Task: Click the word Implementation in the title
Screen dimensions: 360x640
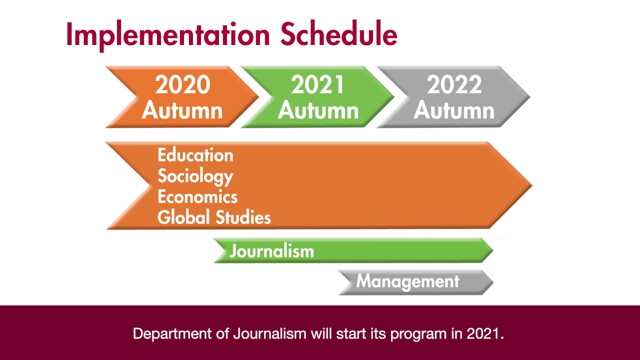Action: point(168,35)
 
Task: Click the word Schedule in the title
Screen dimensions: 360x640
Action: point(339,35)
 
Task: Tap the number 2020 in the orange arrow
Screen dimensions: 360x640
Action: point(182,85)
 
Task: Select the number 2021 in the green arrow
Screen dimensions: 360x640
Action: point(318,85)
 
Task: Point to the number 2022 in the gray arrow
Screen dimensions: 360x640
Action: point(454,85)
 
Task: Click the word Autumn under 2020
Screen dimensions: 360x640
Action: point(182,110)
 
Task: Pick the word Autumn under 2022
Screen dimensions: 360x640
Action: point(454,110)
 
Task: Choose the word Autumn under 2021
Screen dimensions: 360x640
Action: point(318,110)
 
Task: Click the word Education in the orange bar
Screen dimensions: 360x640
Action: point(195,155)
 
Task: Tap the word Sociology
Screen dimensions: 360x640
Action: point(195,176)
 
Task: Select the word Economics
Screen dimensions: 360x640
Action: point(197,196)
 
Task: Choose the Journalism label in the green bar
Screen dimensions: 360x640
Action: point(271,250)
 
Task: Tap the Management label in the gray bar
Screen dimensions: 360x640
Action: point(407,281)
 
